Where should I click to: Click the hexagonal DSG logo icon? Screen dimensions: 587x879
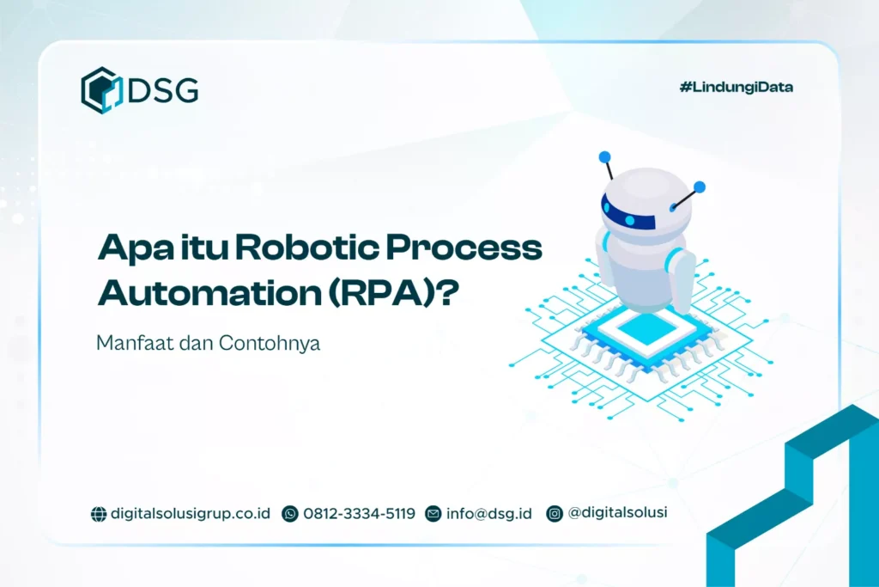pyautogui.click(x=100, y=89)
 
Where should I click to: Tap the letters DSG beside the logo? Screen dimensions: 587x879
pyautogui.click(x=162, y=90)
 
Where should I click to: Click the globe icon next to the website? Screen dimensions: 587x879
pyautogui.click(x=99, y=514)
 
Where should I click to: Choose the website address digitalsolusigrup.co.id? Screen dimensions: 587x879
pyautogui.click(x=190, y=513)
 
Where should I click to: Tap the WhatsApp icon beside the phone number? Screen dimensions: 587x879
pyautogui.click(x=290, y=514)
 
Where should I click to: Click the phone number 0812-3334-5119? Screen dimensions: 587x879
pyautogui.click(x=359, y=513)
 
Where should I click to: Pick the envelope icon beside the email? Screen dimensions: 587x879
pyautogui.click(x=433, y=514)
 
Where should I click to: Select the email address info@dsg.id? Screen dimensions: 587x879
pyautogui.click(x=488, y=513)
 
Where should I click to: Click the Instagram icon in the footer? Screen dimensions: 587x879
pyautogui.click(x=555, y=514)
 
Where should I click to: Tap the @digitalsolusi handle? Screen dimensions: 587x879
pyautogui.click(x=617, y=513)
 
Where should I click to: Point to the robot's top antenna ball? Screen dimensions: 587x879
pyautogui.click(x=605, y=157)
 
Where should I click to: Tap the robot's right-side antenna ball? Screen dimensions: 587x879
pyautogui.click(x=699, y=186)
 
